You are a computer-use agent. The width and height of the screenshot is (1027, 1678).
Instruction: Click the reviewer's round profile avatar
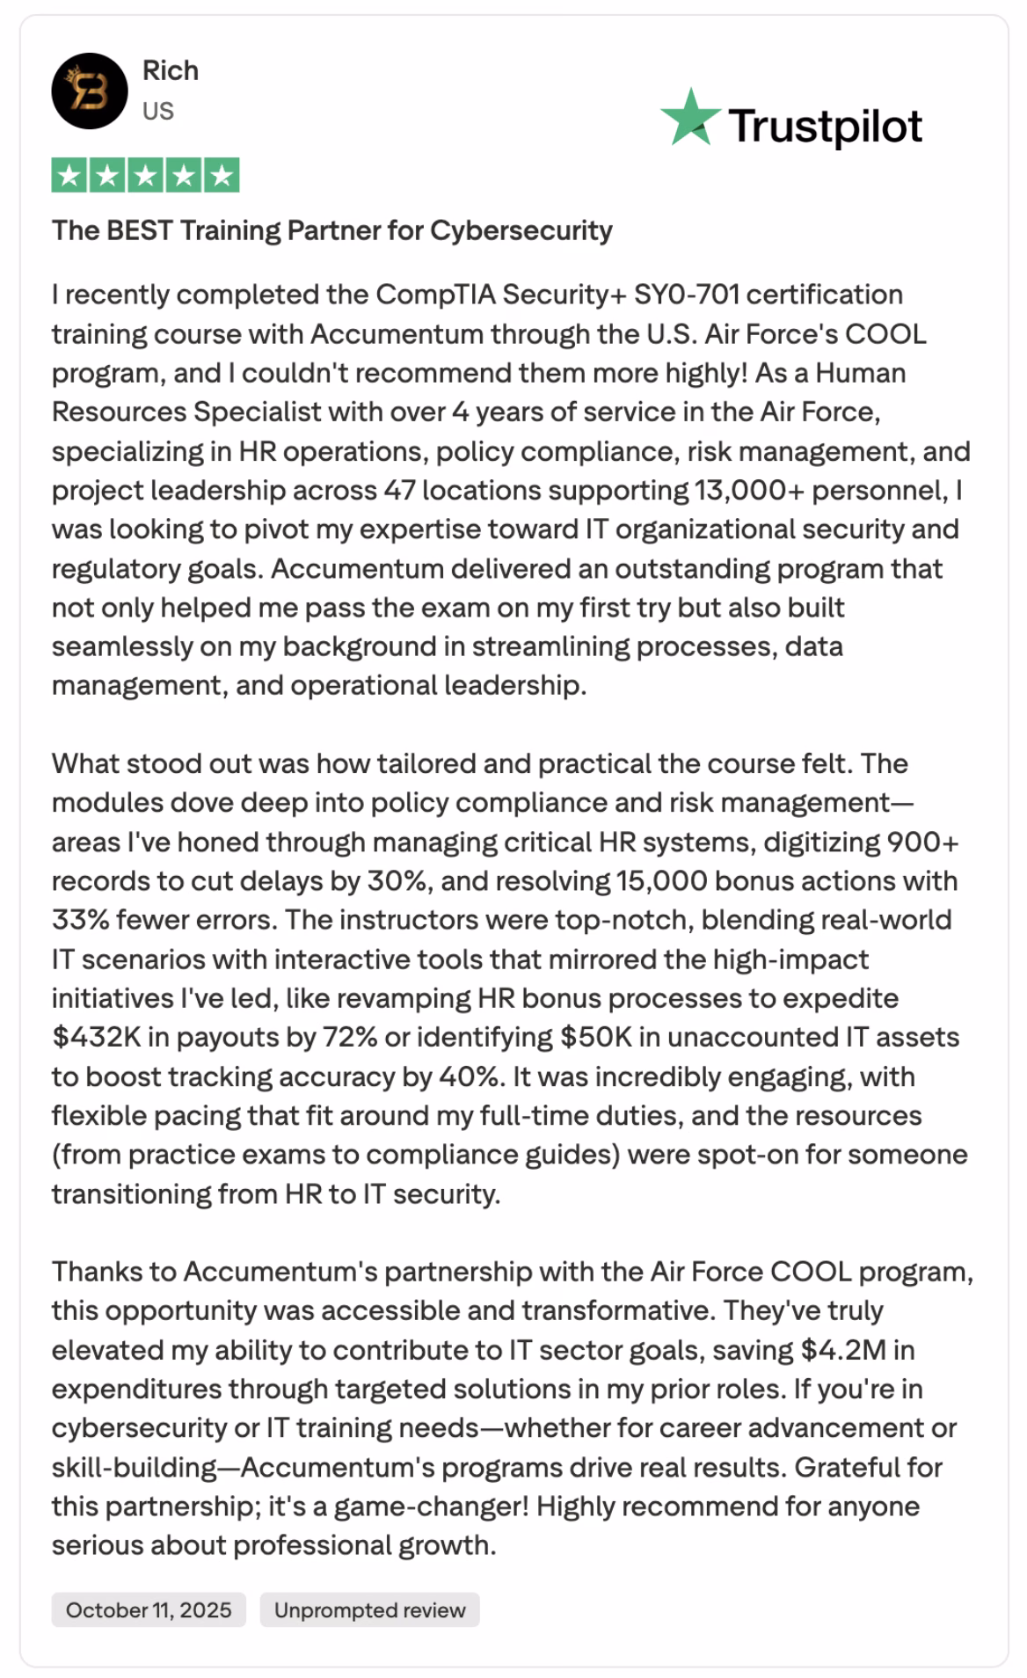tap(90, 91)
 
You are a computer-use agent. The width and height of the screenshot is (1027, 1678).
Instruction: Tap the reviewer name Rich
tap(171, 70)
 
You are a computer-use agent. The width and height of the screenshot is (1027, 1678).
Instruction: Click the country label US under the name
tap(158, 111)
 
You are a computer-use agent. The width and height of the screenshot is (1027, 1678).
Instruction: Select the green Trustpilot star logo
tap(690, 118)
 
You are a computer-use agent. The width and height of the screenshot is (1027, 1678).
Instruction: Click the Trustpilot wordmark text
tap(825, 126)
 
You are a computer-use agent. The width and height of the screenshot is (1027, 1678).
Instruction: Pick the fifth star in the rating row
tap(222, 176)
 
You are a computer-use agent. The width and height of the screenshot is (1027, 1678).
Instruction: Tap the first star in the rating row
tap(69, 176)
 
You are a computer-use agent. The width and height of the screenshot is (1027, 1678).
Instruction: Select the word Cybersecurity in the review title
tap(521, 230)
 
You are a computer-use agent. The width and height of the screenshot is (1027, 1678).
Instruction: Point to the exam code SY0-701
tap(686, 295)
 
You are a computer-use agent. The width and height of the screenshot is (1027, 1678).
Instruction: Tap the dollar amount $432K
tap(96, 1037)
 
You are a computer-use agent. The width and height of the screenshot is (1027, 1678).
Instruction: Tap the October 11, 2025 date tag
tap(149, 1609)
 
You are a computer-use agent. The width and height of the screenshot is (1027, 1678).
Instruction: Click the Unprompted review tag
tap(369, 1609)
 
